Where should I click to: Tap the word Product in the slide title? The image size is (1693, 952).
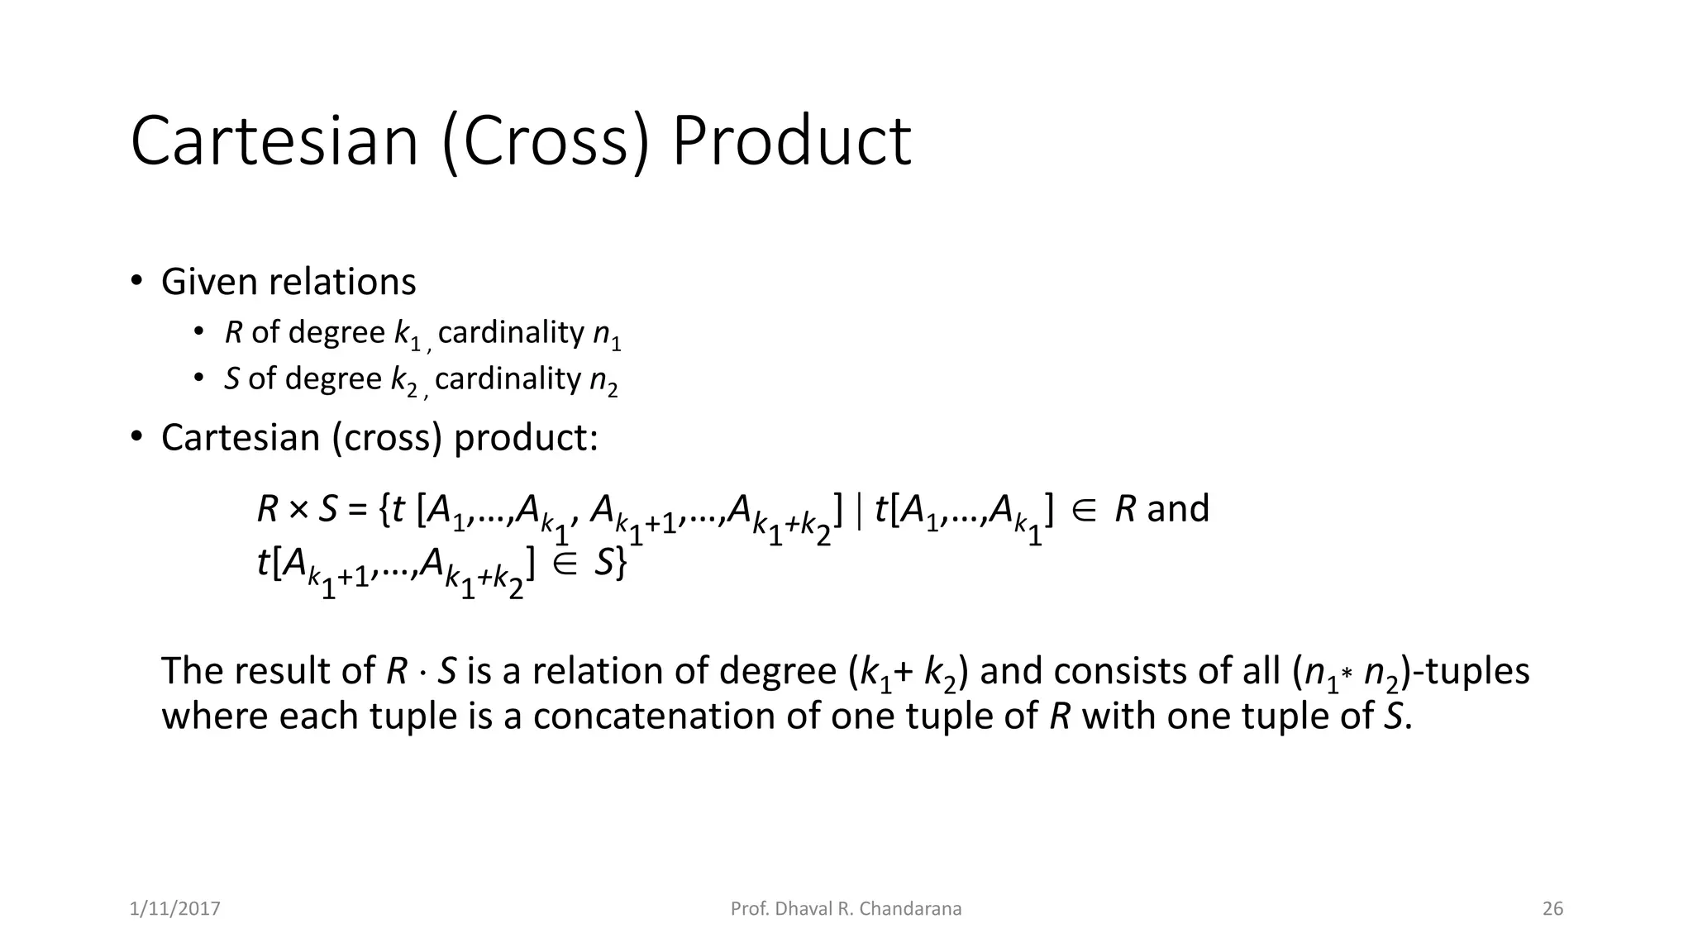(x=791, y=141)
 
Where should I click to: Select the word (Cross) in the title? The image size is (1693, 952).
(x=546, y=141)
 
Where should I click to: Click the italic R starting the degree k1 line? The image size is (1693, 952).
(x=233, y=332)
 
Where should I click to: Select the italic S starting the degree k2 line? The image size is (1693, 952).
(x=232, y=378)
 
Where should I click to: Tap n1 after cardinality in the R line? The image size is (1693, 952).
(x=607, y=335)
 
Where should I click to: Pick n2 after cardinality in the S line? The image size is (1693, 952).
(x=603, y=381)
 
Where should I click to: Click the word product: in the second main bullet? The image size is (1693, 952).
(x=526, y=437)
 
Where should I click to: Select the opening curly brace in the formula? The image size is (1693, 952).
(x=384, y=509)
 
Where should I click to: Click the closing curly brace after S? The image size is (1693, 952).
(x=621, y=564)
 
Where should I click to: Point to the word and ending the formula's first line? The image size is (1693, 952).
(x=1178, y=508)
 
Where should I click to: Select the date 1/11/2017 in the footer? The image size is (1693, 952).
(x=175, y=909)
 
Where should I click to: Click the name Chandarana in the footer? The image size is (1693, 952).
(x=910, y=909)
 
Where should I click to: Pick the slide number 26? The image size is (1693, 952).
(x=1552, y=909)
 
